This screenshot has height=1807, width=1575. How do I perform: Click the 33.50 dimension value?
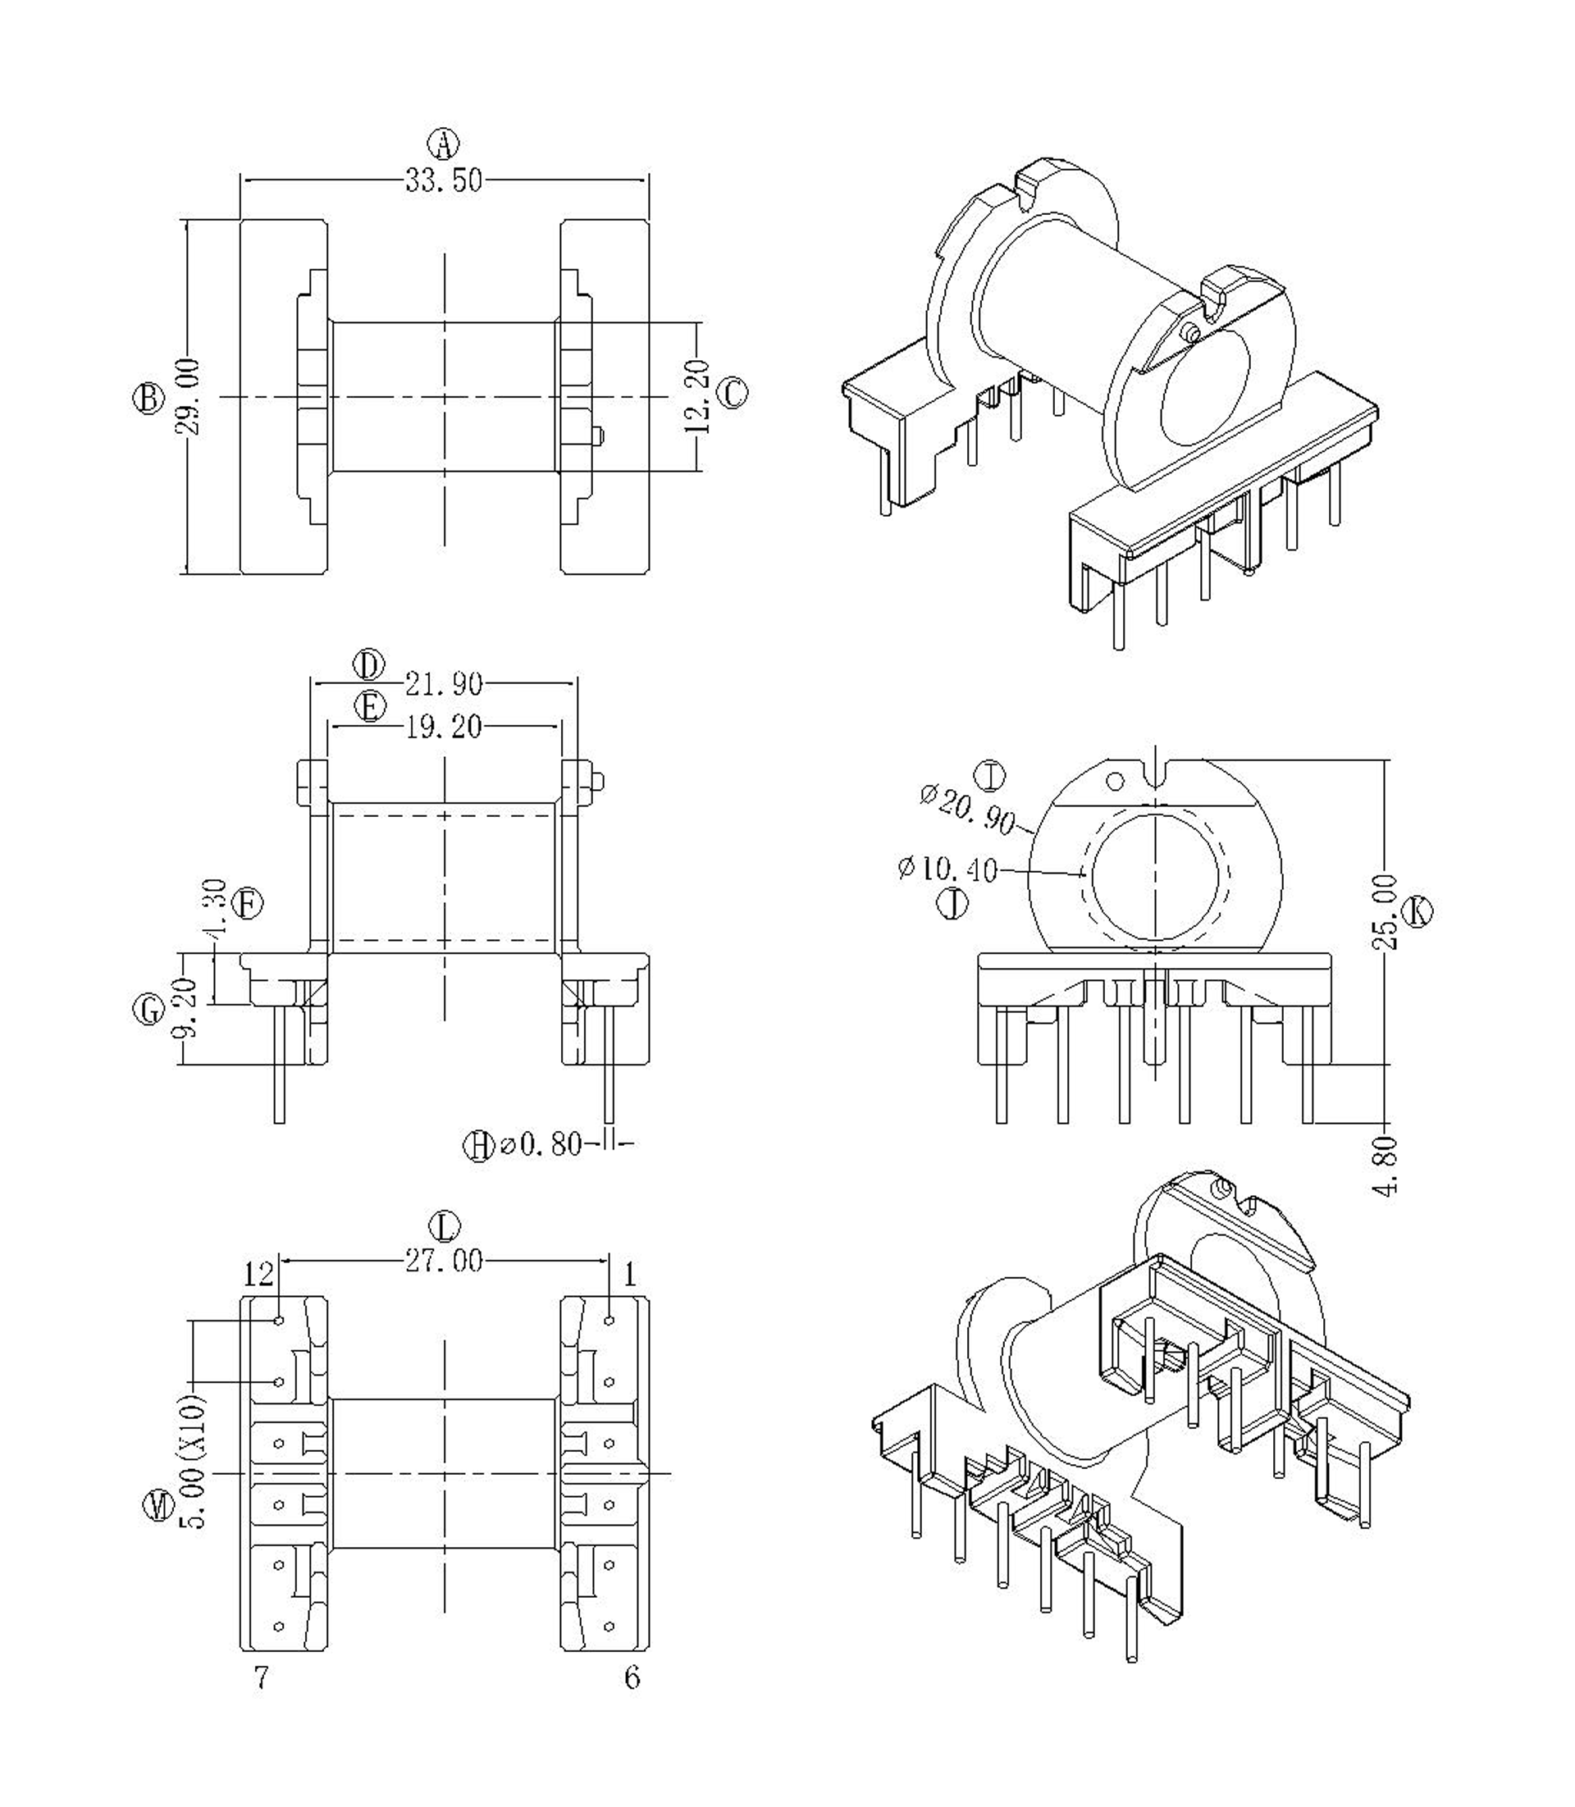tap(443, 181)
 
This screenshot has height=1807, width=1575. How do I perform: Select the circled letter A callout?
tap(444, 143)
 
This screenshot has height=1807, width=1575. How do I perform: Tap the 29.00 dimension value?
tap(188, 396)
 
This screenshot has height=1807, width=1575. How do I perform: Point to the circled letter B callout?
tap(148, 398)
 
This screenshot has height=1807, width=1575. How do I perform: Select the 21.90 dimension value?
tap(444, 683)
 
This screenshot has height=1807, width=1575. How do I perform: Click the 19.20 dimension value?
tap(444, 727)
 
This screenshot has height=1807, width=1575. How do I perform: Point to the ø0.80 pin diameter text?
tap(541, 1144)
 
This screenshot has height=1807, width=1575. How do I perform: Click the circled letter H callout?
tap(479, 1145)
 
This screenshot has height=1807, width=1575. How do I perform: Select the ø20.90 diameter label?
tap(968, 809)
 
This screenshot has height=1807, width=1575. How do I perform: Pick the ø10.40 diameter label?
tap(947, 869)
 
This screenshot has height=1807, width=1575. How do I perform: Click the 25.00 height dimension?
tap(1385, 911)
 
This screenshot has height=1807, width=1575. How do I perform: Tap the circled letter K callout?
tap(1417, 911)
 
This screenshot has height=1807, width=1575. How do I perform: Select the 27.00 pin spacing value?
tap(444, 1262)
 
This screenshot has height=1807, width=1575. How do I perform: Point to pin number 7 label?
tap(261, 1677)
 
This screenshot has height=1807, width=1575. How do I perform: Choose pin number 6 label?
tap(632, 1677)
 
